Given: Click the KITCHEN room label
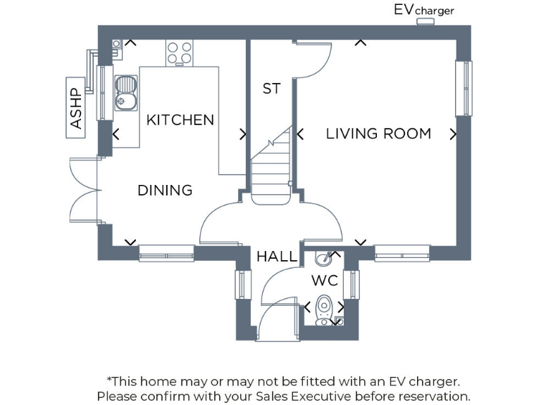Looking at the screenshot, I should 180,120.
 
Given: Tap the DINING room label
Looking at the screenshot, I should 165,191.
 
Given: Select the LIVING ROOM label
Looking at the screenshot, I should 378,134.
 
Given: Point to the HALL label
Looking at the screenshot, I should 276,257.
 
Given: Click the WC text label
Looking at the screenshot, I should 325,281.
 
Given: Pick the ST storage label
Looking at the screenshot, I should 271,89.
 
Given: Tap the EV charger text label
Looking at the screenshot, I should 423,10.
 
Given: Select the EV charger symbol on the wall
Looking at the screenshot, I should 425,22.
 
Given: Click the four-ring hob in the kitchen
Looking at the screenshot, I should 179,53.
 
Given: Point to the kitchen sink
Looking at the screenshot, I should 125,93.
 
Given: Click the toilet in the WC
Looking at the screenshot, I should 323,309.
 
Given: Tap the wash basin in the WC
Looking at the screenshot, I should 322,258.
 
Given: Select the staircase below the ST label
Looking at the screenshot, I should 271,165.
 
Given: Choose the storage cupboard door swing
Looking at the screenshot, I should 312,59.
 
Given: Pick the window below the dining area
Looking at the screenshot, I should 166,253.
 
